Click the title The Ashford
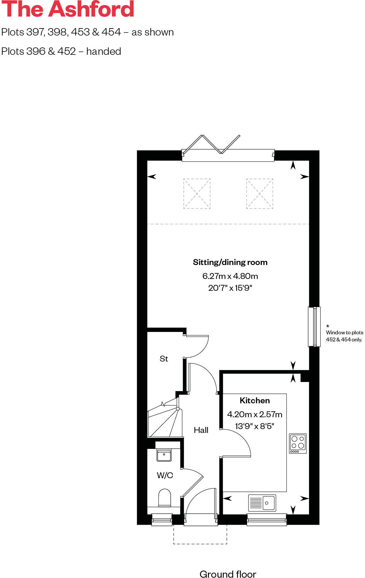(68, 9)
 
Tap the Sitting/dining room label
(230, 262)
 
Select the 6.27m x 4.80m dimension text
(230, 276)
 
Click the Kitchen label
(254, 401)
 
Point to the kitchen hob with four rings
(298, 443)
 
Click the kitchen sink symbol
(262, 503)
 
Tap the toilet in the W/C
(165, 498)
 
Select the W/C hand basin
(164, 455)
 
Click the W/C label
(165, 476)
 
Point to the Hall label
(201, 430)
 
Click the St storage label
(164, 359)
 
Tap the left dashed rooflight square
(197, 194)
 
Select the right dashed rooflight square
(260, 194)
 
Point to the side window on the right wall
(314, 327)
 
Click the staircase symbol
(164, 420)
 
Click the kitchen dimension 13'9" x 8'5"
(254, 426)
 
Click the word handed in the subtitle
(104, 52)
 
